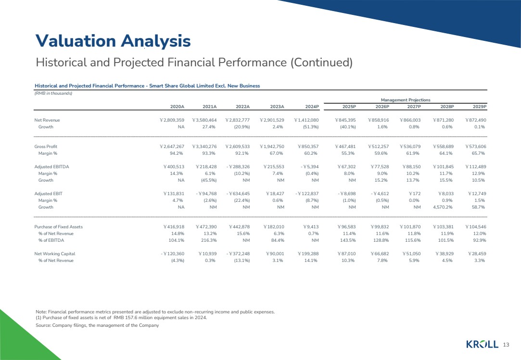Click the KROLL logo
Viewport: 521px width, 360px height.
(482, 345)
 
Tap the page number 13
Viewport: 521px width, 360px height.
(506, 345)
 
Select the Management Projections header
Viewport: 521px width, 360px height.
(406, 100)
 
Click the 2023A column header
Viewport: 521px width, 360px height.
(277, 107)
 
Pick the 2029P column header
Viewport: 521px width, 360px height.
(480, 107)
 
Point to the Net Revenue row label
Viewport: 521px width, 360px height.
(47, 120)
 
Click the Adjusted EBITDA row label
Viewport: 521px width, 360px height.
(52, 167)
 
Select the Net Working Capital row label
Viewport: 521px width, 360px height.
(55, 254)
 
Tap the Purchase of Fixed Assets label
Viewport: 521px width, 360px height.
(59, 227)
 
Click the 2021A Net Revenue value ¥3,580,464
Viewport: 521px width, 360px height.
(204, 120)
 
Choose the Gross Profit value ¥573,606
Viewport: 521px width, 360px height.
(476, 147)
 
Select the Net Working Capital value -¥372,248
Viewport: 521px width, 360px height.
(238, 254)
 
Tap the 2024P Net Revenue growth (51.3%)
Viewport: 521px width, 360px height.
(311, 127)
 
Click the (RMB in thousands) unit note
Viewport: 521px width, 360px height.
(53, 93)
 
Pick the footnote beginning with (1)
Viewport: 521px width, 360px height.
(121, 318)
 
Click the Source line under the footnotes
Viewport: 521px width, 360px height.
(97, 325)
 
